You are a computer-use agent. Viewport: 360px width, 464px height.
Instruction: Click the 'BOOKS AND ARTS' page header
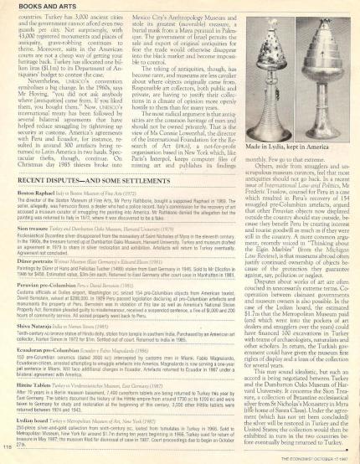coord(34,7)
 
